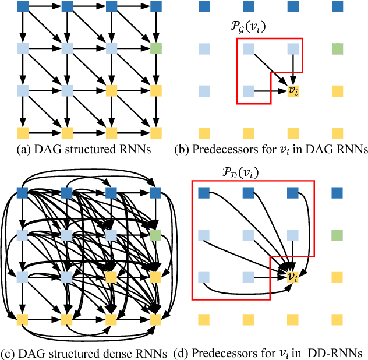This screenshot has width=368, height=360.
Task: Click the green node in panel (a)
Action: [155, 48]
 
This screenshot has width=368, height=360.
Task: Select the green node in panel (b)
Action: [337, 48]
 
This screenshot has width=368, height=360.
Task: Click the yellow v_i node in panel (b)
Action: [293, 91]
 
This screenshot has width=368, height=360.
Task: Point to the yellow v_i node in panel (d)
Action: [293, 277]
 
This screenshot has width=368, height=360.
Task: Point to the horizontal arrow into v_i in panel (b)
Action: [271, 91]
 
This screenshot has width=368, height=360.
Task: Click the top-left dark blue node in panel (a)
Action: [23, 7]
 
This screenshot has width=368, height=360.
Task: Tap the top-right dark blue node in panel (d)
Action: [337, 192]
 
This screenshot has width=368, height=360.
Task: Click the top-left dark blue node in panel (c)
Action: [23, 192]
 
